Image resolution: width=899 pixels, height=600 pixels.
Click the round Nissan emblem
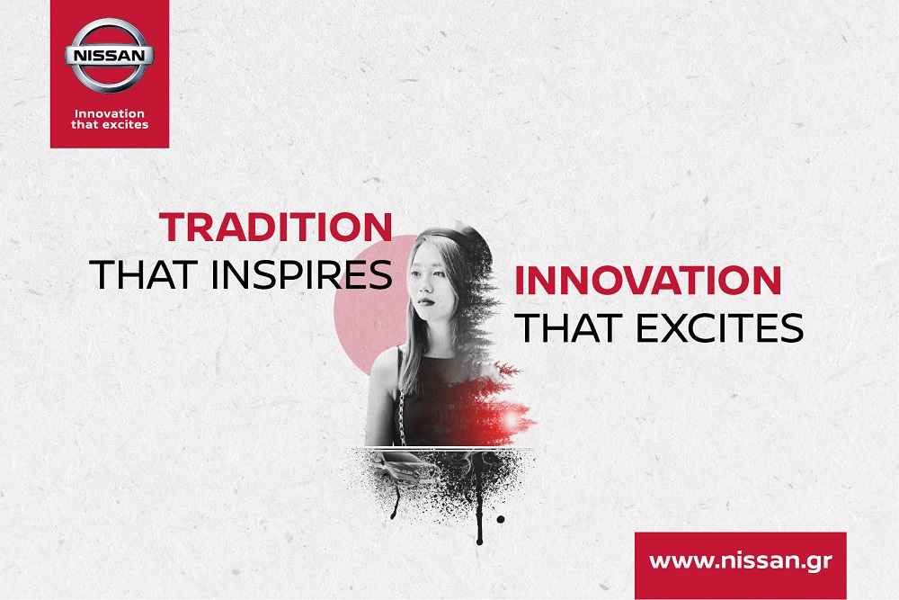click(109, 56)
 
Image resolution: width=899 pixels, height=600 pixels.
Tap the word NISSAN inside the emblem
click(109, 56)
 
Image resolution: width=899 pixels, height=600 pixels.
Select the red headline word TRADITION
click(276, 228)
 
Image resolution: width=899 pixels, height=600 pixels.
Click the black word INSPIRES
click(301, 274)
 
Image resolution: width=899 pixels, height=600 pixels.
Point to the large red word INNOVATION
click(648, 280)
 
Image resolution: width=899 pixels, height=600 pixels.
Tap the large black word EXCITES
click(720, 328)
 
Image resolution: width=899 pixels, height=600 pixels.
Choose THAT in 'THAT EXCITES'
click(569, 328)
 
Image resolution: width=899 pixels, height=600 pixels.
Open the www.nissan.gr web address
click(740, 561)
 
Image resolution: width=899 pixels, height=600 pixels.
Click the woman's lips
click(425, 301)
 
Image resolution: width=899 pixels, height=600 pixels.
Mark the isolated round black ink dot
click(501, 519)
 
